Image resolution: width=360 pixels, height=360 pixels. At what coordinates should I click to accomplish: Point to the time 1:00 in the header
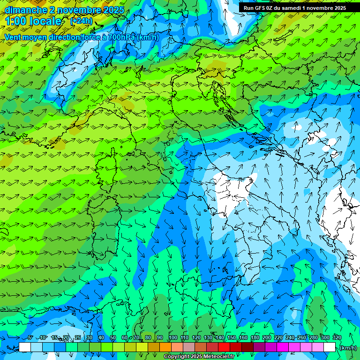click(x=16, y=21)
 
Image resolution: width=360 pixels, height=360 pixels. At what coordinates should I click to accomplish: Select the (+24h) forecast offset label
click(x=81, y=21)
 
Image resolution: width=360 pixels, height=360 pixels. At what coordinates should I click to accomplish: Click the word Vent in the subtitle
click(x=13, y=37)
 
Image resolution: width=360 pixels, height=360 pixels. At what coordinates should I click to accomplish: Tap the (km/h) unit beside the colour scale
click(x=348, y=348)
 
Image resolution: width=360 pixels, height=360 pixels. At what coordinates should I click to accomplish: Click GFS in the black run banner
click(x=261, y=8)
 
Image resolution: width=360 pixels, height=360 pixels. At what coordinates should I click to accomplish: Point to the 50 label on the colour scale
click(x=113, y=337)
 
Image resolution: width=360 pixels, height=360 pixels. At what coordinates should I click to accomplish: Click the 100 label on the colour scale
click(x=172, y=337)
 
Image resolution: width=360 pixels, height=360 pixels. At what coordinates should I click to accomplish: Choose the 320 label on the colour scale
click(x=337, y=337)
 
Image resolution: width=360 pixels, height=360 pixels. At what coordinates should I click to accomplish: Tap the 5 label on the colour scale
click(x=30, y=337)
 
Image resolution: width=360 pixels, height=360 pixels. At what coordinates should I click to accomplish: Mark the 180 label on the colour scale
click(x=255, y=337)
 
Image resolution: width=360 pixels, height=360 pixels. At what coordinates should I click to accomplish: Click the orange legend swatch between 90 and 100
click(x=165, y=347)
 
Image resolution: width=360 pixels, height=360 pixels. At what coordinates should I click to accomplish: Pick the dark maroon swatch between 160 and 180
click(x=247, y=347)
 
